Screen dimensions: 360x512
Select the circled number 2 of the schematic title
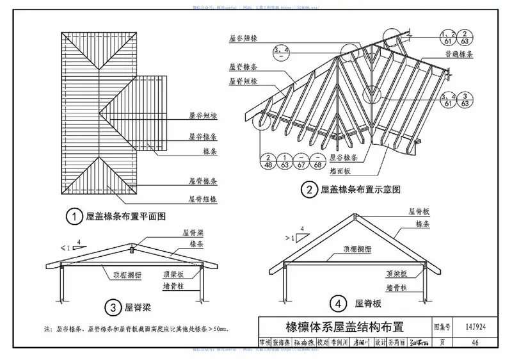(310, 189)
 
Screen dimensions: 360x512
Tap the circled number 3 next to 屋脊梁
(113, 308)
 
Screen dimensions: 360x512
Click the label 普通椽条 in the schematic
(461, 56)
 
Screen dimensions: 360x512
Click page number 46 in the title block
(475, 342)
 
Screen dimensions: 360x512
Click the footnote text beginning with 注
(138, 329)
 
